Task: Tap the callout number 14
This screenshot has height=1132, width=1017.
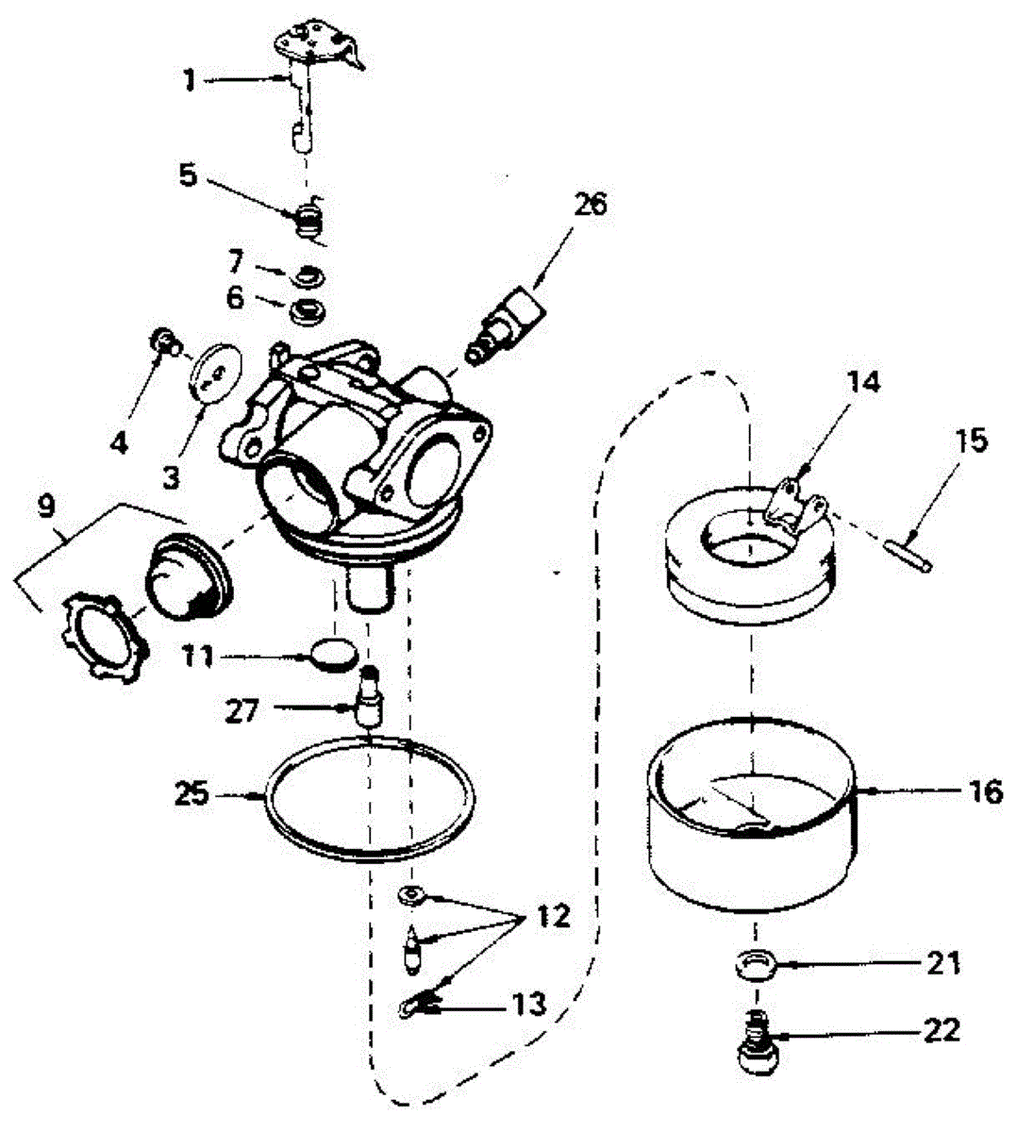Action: pyautogui.click(x=867, y=382)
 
